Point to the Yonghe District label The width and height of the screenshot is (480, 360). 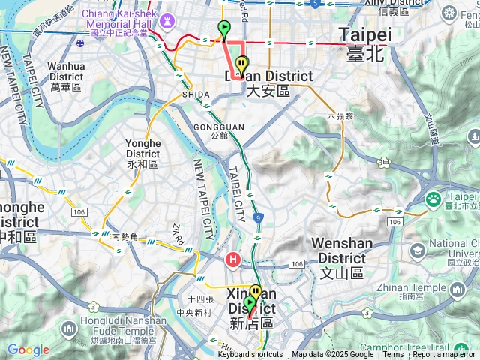coord(143,153)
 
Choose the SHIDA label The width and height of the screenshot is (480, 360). coord(196,95)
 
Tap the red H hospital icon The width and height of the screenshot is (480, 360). coord(233,260)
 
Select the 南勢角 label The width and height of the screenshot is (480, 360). coord(124,237)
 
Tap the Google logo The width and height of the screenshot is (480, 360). coord(28,349)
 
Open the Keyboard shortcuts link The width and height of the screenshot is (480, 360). coord(250,355)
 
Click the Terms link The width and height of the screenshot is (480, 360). coord(392,355)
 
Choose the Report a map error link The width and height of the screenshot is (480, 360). coord(445,355)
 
